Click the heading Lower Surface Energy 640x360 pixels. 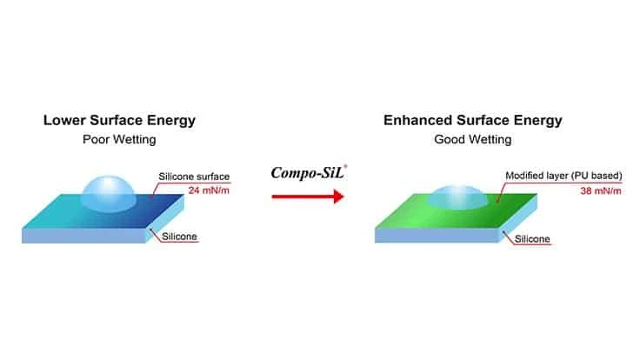(119, 120)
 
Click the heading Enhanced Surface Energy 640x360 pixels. (473, 120)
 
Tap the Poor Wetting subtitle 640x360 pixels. (119, 140)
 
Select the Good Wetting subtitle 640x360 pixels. (473, 140)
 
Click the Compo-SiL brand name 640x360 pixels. (308, 173)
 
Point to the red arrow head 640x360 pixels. (338, 197)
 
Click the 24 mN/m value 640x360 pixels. (209, 190)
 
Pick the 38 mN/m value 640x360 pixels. (601, 190)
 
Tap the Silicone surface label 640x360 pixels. (194, 177)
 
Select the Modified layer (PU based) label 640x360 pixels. (563, 176)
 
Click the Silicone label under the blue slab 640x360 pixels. (179, 237)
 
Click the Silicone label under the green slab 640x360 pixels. (532, 239)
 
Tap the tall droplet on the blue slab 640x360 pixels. (108, 194)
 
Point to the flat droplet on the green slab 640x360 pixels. (457, 197)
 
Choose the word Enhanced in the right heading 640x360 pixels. (418, 120)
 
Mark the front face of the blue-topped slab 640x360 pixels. (83, 236)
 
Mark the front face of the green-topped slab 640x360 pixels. (437, 235)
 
